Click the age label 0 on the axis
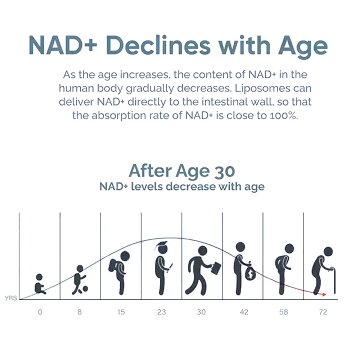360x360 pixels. click(40, 312)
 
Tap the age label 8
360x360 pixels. click(80, 312)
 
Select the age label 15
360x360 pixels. click(121, 312)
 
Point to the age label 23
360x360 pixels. click(161, 312)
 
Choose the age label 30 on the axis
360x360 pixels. click(201, 312)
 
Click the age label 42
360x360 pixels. click(243, 312)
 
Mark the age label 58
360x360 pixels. click(283, 312)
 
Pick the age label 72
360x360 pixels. click(323, 312)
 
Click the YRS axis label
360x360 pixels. click(11, 298)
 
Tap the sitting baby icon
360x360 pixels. click(40, 284)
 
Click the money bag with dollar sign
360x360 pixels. click(250, 272)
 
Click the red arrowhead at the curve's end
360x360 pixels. click(323, 294)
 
